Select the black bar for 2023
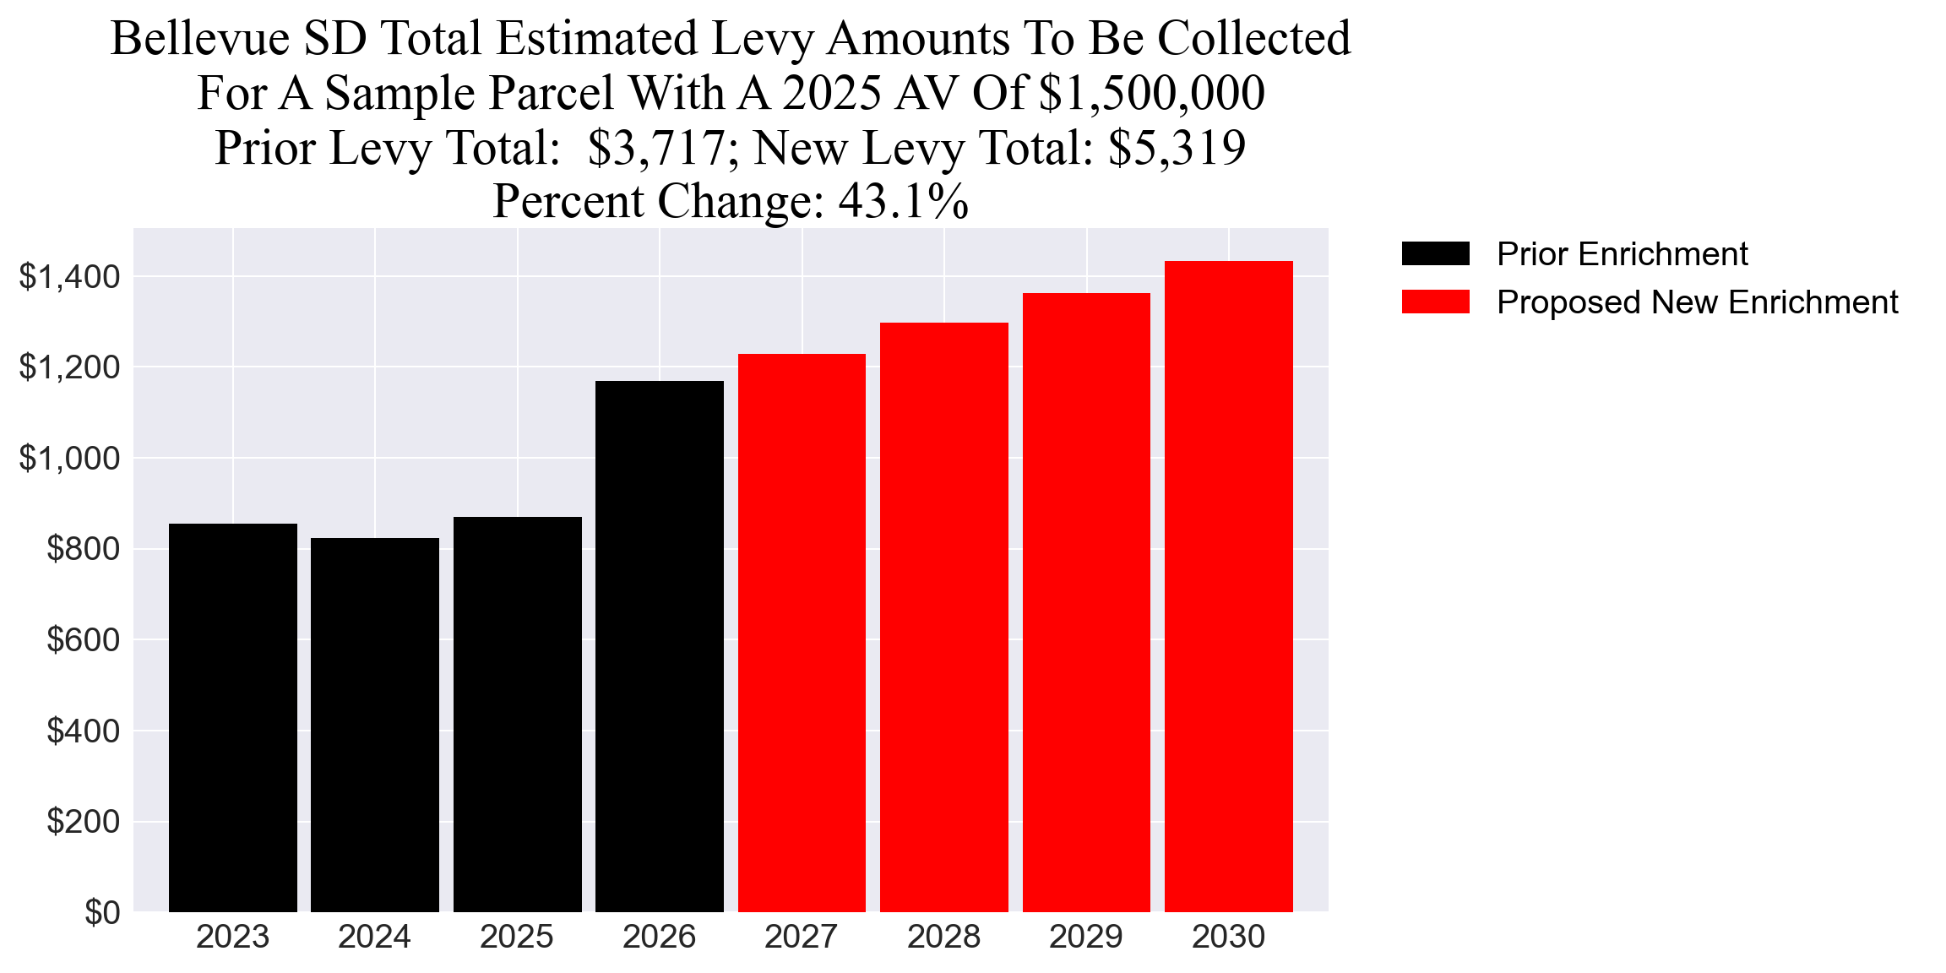click(x=232, y=718)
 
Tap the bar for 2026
click(x=660, y=646)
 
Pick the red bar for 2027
click(x=802, y=633)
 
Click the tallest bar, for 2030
click(x=1229, y=586)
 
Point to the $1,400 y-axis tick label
click(x=69, y=277)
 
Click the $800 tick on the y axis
click(x=83, y=549)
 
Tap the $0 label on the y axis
click(x=102, y=913)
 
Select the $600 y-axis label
click(x=83, y=640)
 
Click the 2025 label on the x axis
click(x=517, y=937)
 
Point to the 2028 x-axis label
click(x=943, y=937)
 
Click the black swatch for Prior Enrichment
click(x=1435, y=253)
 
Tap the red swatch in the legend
click(x=1435, y=302)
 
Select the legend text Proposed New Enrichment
click(x=1697, y=302)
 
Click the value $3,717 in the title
click(x=655, y=148)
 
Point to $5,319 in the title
click(x=1177, y=148)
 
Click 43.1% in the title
click(x=903, y=202)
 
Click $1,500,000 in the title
click(x=1151, y=93)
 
